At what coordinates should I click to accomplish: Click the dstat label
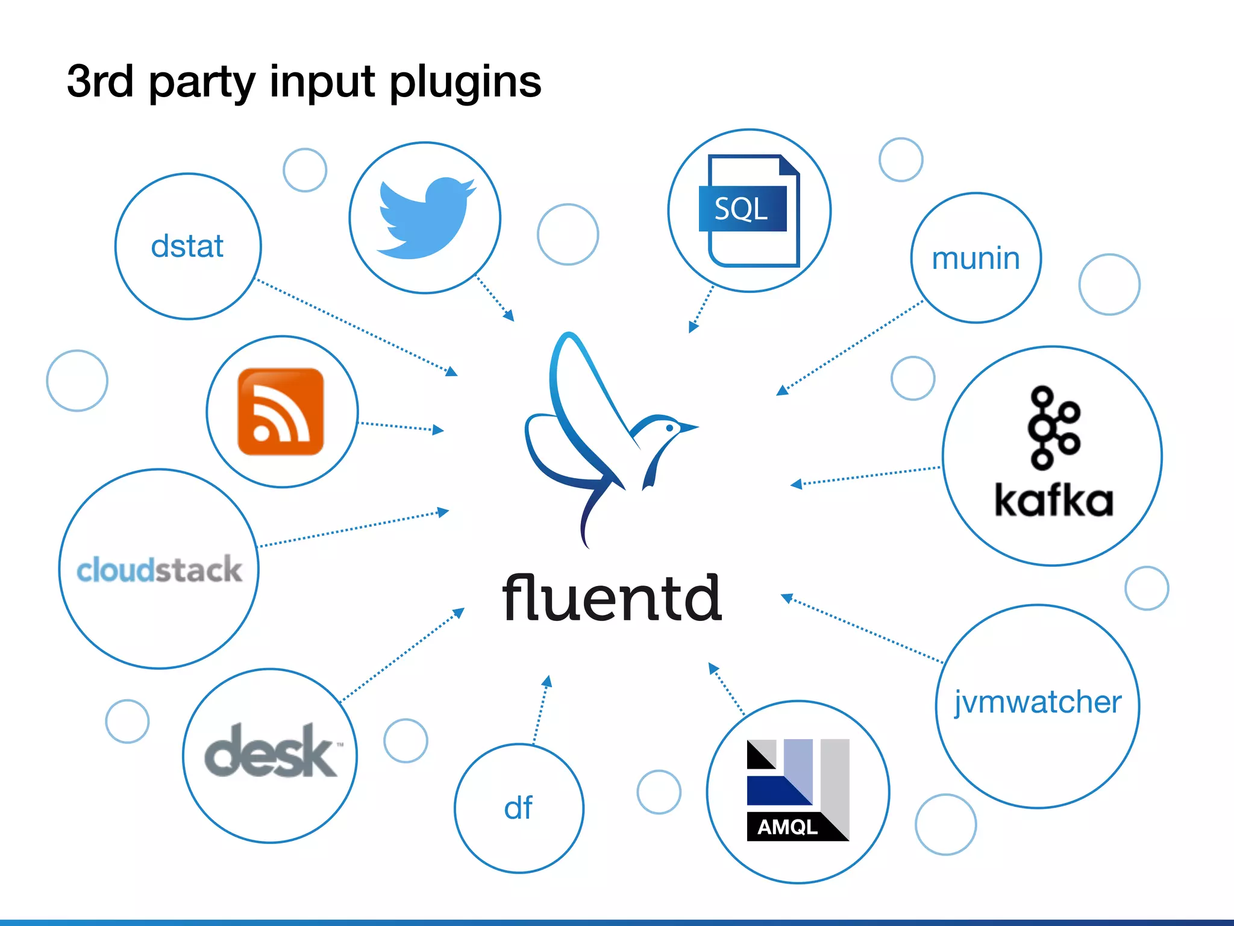pyautogui.click(x=187, y=247)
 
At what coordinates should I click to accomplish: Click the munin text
pyautogui.click(x=976, y=259)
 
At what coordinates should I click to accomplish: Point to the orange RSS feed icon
pyautogui.click(x=281, y=412)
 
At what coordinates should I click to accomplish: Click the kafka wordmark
pyautogui.click(x=1053, y=500)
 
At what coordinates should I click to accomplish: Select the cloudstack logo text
pyautogui.click(x=159, y=570)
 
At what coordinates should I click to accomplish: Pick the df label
pyautogui.click(x=518, y=808)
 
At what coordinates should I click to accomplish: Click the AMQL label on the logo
pyautogui.click(x=787, y=827)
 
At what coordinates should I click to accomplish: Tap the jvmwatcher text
pyautogui.click(x=1038, y=702)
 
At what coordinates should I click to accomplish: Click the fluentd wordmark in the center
pyautogui.click(x=612, y=598)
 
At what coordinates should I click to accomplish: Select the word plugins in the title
pyautogui.click(x=465, y=83)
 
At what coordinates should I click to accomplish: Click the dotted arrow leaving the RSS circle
pyautogui.click(x=401, y=427)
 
